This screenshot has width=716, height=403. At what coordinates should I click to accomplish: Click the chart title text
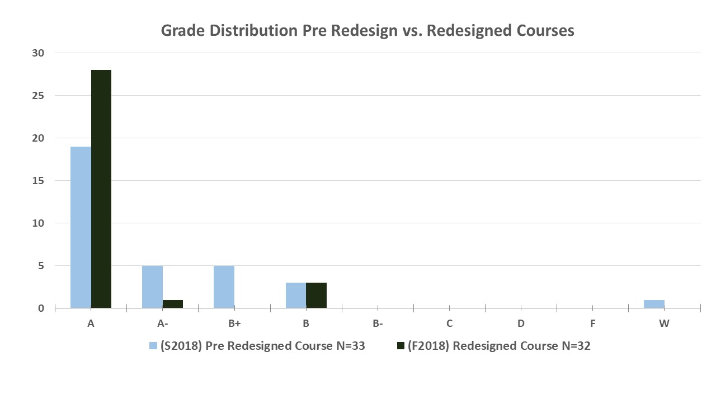[x=368, y=30]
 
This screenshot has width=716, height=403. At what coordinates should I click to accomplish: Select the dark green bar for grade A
[x=101, y=189]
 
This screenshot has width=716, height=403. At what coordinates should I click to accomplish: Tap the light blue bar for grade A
[x=81, y=227]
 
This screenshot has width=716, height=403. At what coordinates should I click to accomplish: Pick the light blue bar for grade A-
[x=152, y=287]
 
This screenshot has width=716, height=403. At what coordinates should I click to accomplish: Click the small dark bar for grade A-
[x=173, y=304]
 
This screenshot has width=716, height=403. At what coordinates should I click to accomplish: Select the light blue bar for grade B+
[x=224, y=287]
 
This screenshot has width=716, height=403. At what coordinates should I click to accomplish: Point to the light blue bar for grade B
[x=296, y=295]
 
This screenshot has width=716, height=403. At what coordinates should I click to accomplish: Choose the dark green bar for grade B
[x=317, y=295]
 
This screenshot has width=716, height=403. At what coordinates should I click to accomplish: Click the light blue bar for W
[x=654, y=304]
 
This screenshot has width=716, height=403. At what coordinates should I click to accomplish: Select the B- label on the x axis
[x=378, y=324]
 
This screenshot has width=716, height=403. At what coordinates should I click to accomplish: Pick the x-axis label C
[x=449, y=324]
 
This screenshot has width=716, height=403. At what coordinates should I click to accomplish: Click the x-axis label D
[x=521, y=324]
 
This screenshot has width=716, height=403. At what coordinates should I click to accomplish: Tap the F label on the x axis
[x=593, y=324]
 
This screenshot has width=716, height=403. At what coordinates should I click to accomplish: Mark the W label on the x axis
[x=665, y=324]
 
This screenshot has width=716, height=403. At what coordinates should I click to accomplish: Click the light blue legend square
[x=153, y=346]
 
